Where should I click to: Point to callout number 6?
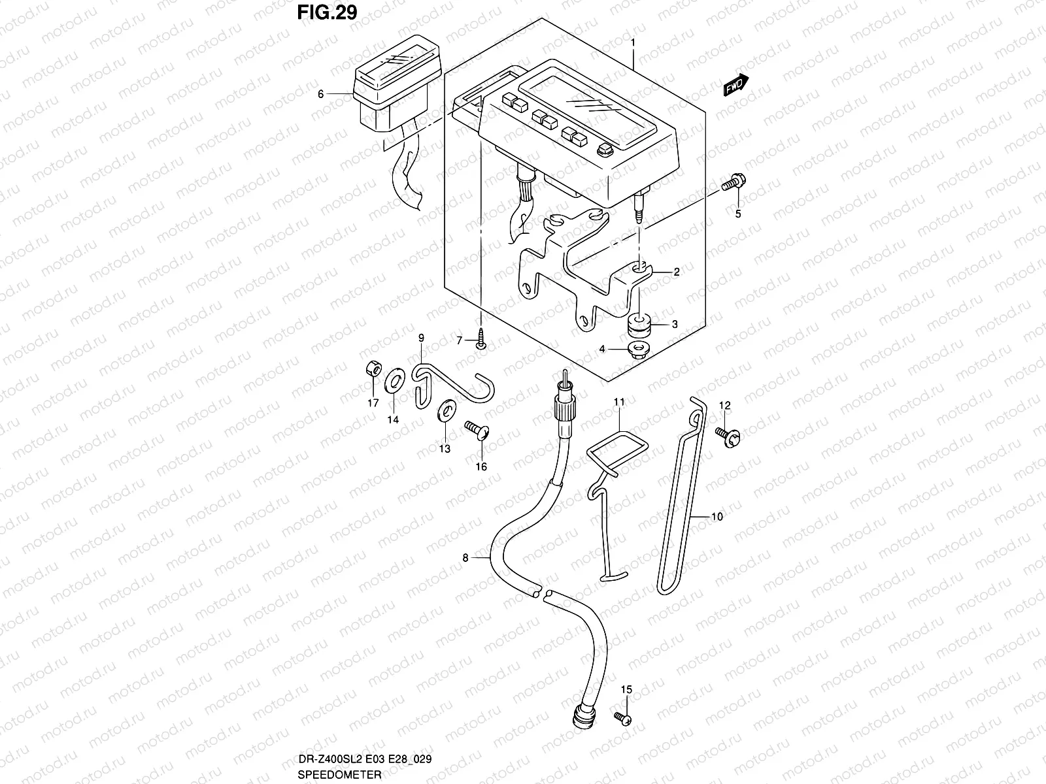tap(320, 94)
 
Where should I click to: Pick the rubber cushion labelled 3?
tap(638, 324)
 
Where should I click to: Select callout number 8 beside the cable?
tap(465, 558)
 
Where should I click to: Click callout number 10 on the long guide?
tap(717, 517)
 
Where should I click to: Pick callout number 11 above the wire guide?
tap(619, 401)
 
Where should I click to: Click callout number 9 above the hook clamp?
tap(421, 338)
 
